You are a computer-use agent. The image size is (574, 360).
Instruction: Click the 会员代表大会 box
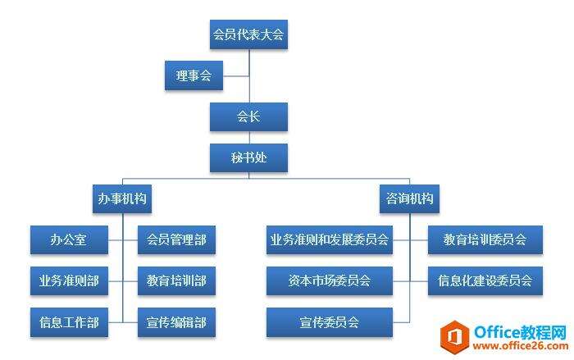pyautogui.click(x=248, y=34)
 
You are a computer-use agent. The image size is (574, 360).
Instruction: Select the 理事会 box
pyautogui.click(x=194, y=75)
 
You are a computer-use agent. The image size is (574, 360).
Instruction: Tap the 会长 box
pyautogui.click(x=248, y=116)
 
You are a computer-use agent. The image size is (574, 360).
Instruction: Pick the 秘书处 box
pyautogui.click(x=248, y=157)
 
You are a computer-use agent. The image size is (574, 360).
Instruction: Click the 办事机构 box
pyautogui.click(x=122, y=198)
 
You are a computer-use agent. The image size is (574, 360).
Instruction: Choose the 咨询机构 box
pyautogui.click(x=409, y=198)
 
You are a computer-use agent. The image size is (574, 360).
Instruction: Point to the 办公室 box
pyautogui.click(x=69, y=240)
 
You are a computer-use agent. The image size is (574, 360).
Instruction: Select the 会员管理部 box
pyautogui.click(x=176, y=240)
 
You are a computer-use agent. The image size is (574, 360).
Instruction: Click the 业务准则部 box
pyautogui.click(x=69, y=281)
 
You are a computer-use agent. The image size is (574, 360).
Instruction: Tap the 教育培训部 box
pyautogui.click(x=176, y=281)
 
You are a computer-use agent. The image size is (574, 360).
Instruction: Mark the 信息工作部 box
pyautogui.click(x=69, y=322)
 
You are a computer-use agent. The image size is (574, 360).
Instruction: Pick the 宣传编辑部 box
pyautogui.click(x=176, y=322)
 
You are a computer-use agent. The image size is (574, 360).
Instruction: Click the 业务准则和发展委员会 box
pyautogui.click(x=330, y=240)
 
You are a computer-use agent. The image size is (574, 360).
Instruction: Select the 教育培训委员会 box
pyautogui.click(x=485, y=240)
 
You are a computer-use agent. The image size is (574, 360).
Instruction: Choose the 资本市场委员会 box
pyautogui.click(x=330, y=281)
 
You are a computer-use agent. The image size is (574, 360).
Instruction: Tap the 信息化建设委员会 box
pyautogui.click(x=485, y=281)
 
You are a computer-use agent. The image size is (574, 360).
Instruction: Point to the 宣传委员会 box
pyautogui.click(x=330, y=322)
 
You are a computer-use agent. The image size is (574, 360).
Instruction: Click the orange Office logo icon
pyautogui.click(x=454, y=337)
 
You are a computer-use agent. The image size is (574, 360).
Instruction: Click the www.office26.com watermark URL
pyautogui.click(x=520, y=346)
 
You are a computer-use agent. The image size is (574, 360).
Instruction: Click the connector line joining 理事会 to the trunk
pyautogui.click(x=236, y=76)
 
